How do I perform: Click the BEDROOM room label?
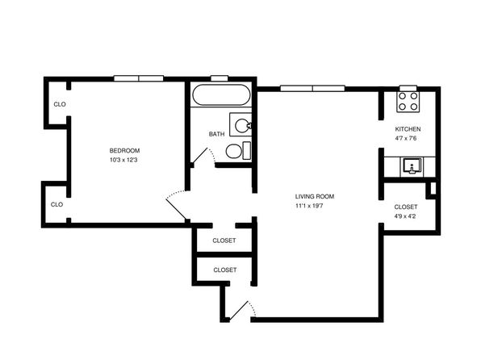[x=124, y=151]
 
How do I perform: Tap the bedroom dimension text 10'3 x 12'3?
[x=123, y=160]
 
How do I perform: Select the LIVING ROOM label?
[x=315, y=196]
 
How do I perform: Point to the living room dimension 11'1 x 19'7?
[x=309, y=206]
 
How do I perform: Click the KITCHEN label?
[x=408, y=129]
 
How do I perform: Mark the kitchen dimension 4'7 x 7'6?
[x=406, y=138]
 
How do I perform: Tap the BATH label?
[x=216, y=134]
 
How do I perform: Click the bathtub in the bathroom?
[x=221, y=95]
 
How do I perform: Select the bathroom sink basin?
[x=242, y=125]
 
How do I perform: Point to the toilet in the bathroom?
[x=238, y=151]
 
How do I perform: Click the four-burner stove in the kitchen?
[x=408, y=102]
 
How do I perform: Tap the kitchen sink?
[x=412, y=166]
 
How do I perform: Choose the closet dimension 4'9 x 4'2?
[x=405, y=216]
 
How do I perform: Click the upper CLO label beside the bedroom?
[x=60, y=104]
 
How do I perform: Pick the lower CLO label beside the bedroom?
[x=56, y=204]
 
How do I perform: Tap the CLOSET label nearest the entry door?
[x=225, y=270]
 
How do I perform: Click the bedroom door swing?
[x=177, y=205]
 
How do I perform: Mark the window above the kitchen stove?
[x=408, y=88]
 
